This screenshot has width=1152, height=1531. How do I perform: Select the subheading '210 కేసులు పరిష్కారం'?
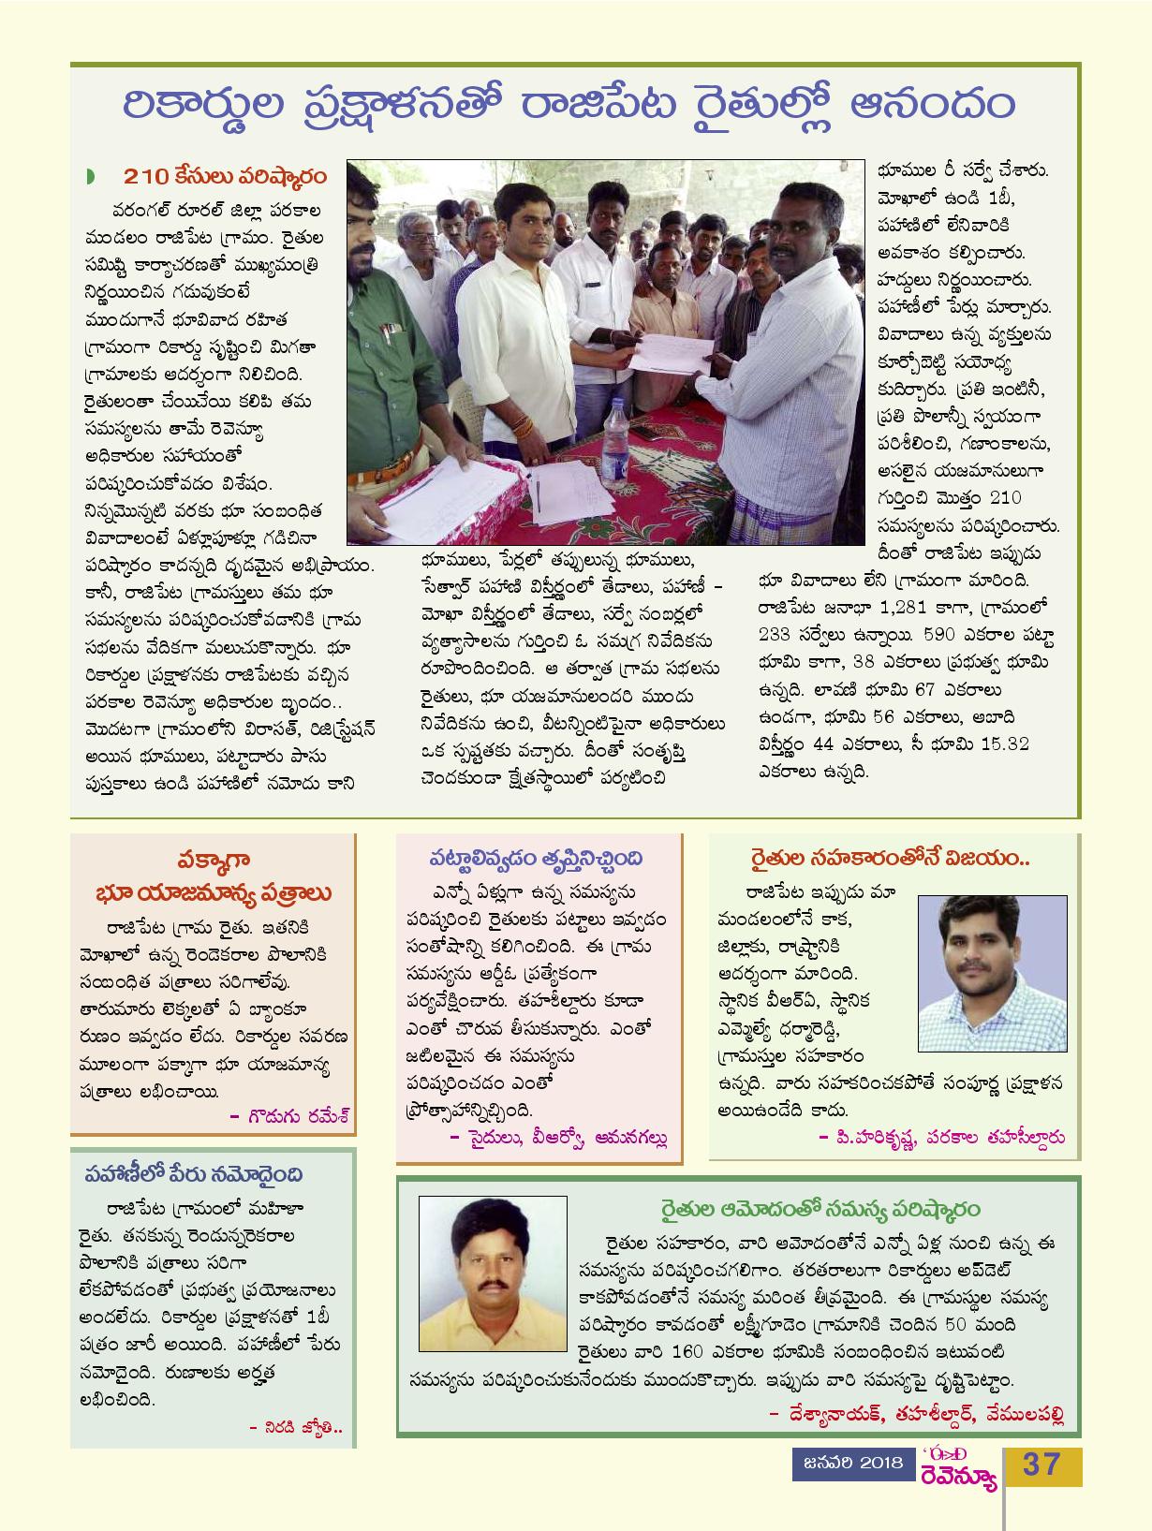pos(224,177)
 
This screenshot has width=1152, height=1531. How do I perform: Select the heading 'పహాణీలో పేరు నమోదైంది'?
pos(195,1173)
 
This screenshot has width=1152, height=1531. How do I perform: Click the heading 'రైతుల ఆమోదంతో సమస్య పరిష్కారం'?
pos(818,1210)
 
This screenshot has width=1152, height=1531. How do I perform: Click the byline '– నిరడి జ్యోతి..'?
pos(296,1427)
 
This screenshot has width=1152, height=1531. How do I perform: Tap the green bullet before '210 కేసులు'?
pos(90,177)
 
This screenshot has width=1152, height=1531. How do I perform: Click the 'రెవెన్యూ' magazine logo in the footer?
pos(957,1475)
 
